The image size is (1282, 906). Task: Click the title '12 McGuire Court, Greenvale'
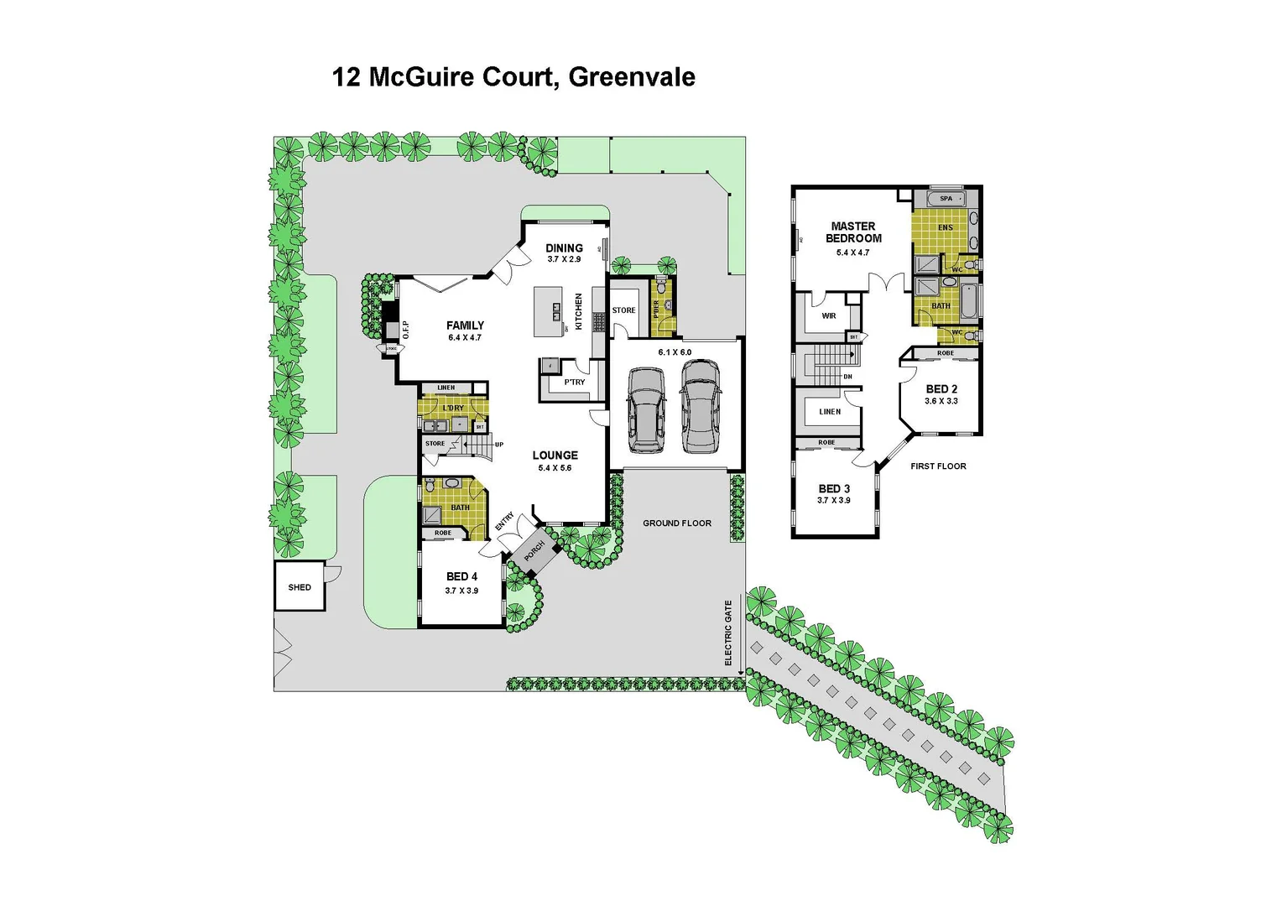coord(513,77)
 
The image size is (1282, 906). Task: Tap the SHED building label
coord(300,587)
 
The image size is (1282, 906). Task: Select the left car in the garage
coord(646,409)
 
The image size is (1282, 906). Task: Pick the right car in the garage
coord(700,407)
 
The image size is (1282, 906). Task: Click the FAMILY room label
coord(465,325)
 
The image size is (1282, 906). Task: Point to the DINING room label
coord(564,248)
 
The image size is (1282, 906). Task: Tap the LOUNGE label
coord(555,456)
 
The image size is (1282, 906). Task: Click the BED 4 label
coord(461,577)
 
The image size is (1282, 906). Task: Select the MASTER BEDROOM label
coord(852,232)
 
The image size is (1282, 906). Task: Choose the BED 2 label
coord(941,389)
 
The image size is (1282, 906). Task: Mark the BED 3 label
coord(834,489)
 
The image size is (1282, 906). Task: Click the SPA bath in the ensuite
coord(946,199)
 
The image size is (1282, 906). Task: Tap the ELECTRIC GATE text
coord(728,633)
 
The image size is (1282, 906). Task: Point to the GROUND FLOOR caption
coord(676,523)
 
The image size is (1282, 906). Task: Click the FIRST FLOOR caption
coord(938,466)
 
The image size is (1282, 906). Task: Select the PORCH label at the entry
coord(534,551)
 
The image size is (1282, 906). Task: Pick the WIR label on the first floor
coord(829,316)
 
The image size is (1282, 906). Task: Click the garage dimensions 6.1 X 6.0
coord(675,352)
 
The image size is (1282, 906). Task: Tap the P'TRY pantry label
coord(575,383)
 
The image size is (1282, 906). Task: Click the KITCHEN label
coord(578,311)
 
